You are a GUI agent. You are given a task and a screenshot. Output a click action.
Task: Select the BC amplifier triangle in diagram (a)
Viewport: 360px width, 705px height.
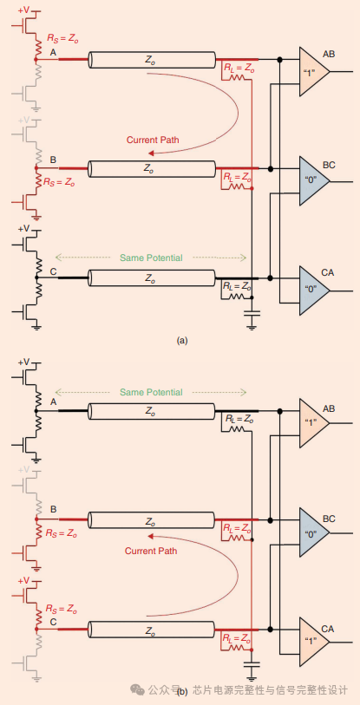[313, 181]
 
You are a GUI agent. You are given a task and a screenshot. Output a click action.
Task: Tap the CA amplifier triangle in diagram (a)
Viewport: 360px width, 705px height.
[313, 290]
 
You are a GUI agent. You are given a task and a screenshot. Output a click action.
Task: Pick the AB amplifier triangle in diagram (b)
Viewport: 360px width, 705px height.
[313, 422]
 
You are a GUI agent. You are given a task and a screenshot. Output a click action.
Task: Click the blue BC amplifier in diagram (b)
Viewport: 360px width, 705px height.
[313, 532]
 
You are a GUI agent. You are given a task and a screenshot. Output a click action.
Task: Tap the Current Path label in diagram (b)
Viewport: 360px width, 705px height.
[153, 551]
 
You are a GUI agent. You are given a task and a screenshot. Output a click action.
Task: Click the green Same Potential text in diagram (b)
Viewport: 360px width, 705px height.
[152, 392]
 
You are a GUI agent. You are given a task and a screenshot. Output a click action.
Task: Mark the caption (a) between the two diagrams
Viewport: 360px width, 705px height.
[181, 341]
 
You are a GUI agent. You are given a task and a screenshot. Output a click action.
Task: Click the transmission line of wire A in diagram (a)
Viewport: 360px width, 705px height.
[152, 60]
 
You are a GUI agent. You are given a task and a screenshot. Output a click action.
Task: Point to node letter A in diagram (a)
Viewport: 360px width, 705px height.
[54, 52]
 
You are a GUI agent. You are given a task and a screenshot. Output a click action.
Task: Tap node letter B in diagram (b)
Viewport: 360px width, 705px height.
[54, 509]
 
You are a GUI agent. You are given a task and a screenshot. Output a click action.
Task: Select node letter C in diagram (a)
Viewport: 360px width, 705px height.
[54, 271]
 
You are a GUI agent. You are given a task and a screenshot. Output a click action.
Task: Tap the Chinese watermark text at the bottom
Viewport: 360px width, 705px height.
[269, 689]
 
